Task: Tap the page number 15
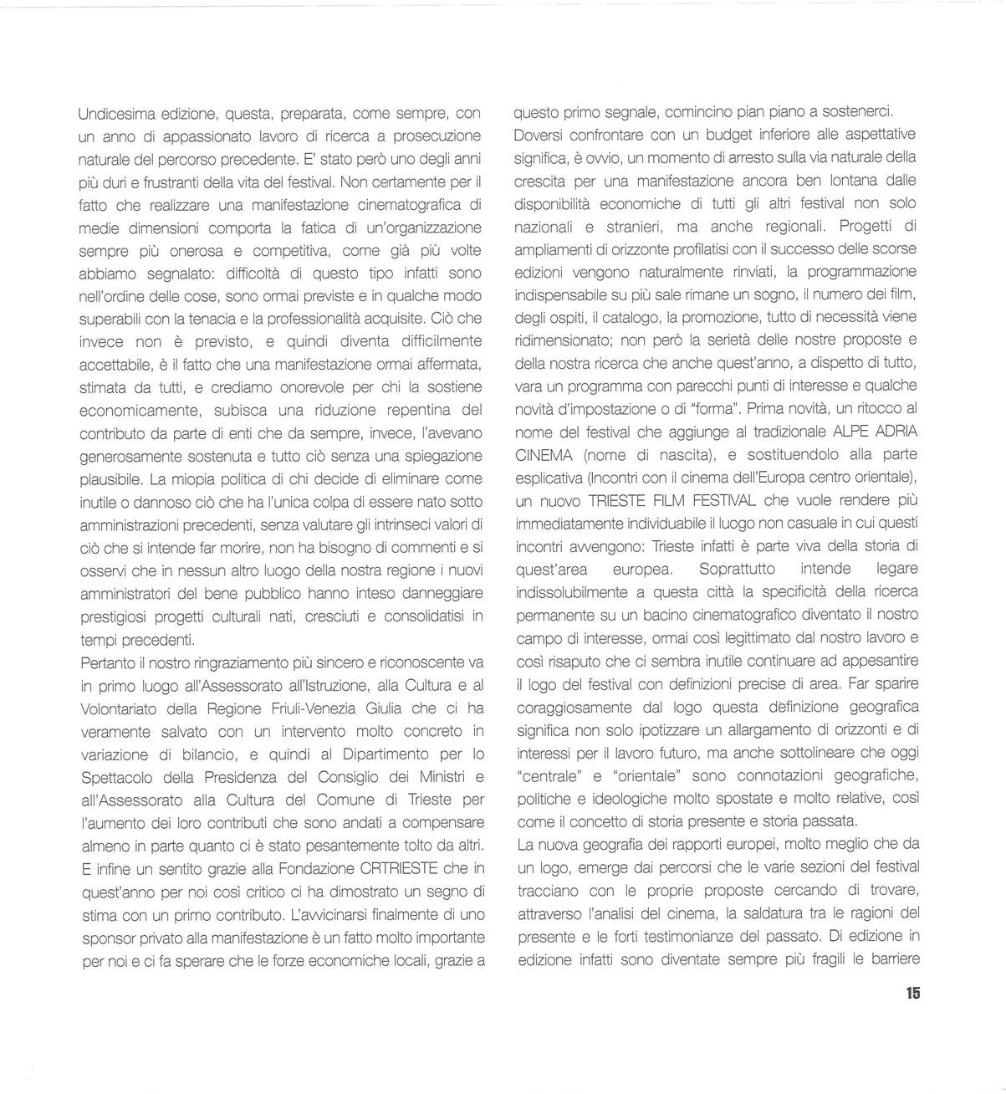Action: click(912, 994)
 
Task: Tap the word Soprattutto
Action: click(735, 569)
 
